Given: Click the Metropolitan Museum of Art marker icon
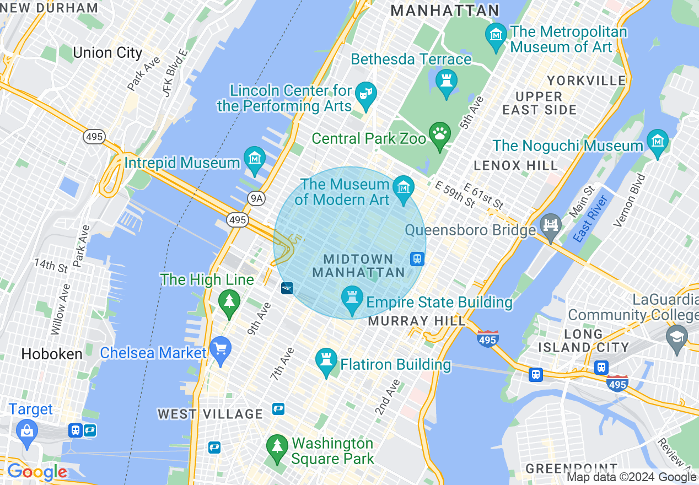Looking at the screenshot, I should pyautogui.click(x=496, y=34).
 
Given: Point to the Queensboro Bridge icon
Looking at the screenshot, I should pyautogui.click(x=551, y=227).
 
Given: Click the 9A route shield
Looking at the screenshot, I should pyautogui.click(x=256, y=198).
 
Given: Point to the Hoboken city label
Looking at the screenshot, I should pyautogui.click(x=52, y=354).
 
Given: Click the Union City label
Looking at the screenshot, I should pyautogui.click(x=107, y=53).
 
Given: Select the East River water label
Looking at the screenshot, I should pyautogui.click(x=590, y=219).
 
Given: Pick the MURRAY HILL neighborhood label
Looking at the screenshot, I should pyautogui.click(x=416, y=321).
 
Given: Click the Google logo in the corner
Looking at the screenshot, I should pyautogui.click(x=37, y=472).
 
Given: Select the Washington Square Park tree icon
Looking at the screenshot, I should pyautogui.click(x=277, y=446).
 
